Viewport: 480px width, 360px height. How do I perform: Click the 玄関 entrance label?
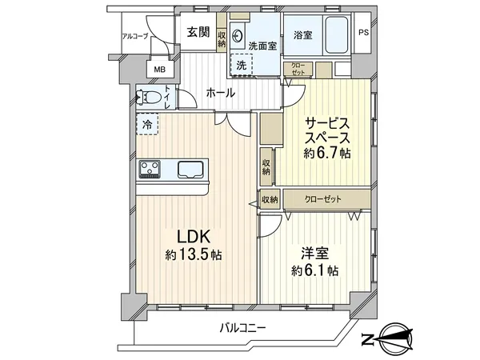point(198,33)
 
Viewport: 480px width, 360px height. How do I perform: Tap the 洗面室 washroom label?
point(262,46)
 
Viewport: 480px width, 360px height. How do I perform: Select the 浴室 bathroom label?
point(303,36)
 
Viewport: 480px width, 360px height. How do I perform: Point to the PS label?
point(364,34)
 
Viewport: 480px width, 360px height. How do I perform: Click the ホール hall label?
point(220,93)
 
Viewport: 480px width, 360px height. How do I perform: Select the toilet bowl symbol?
point(151,98)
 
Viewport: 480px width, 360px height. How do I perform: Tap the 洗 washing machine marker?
point(240,64)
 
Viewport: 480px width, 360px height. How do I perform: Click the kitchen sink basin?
point(191,169)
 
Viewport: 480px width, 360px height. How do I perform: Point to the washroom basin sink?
point(238,34)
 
